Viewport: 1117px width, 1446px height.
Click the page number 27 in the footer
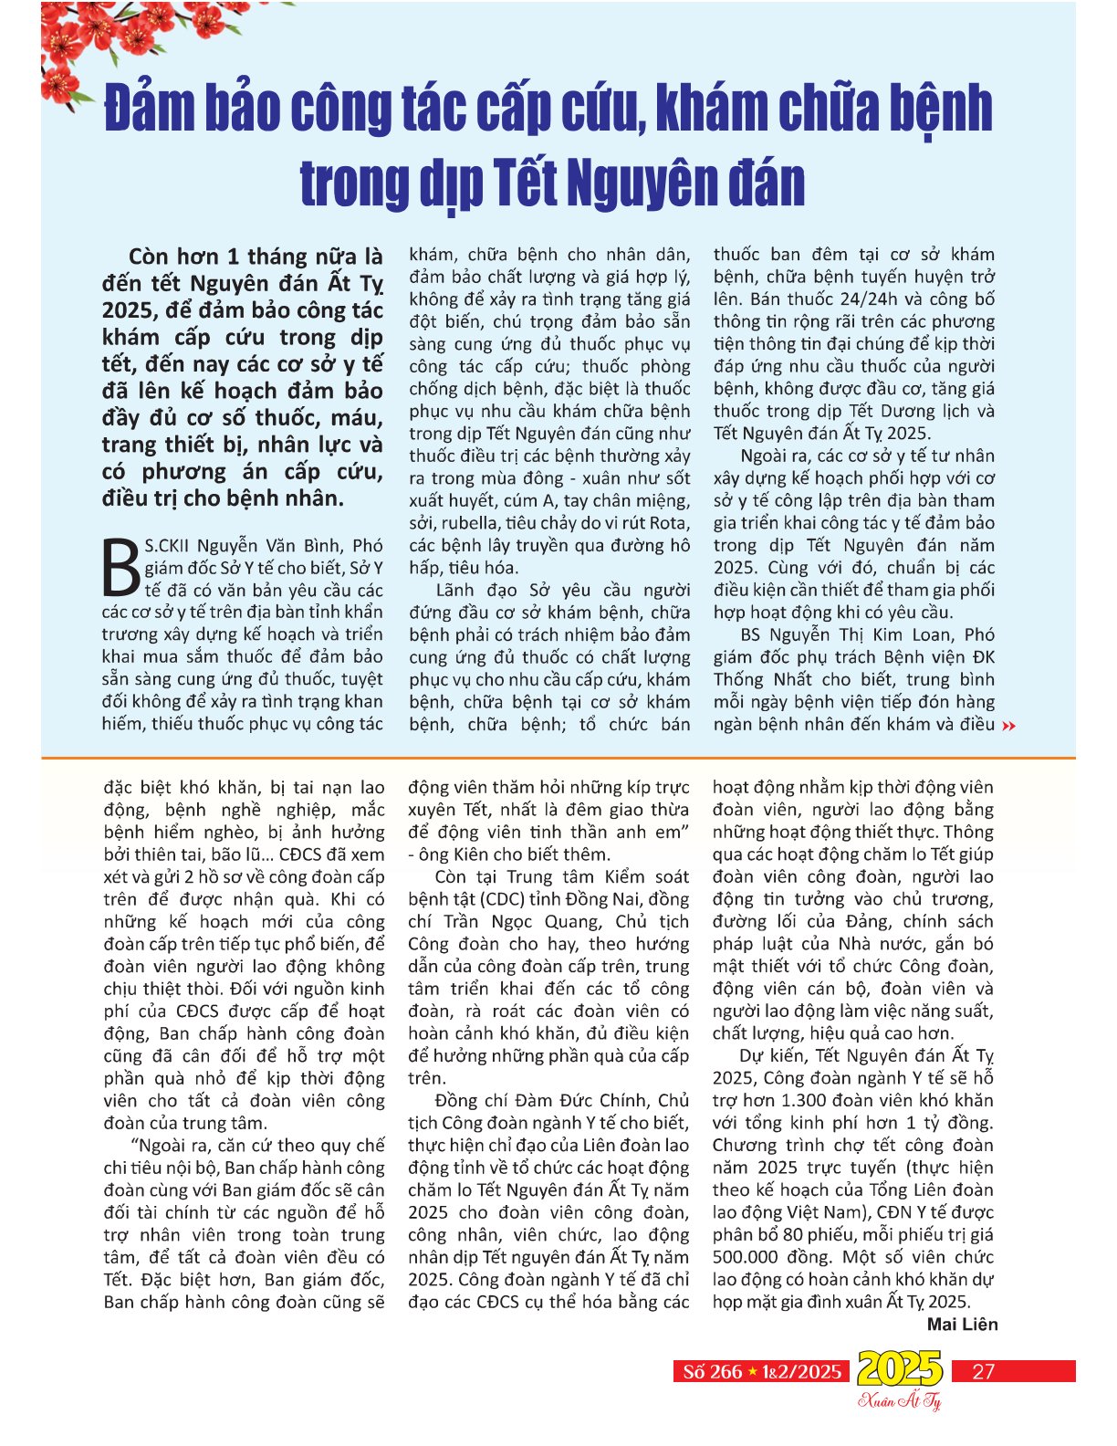pos(983,1371)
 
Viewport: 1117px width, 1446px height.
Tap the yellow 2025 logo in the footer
pos(899,1368)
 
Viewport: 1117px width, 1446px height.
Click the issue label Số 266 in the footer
pos(712,1371)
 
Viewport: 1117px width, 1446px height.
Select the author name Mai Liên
pos(962,1324)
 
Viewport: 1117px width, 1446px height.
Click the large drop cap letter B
pos(121,568)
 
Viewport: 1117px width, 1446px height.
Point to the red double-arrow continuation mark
pos(1008,726)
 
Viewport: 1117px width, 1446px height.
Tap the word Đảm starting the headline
pos(146,108)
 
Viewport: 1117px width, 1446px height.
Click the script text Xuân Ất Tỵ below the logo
pos(900,1400)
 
